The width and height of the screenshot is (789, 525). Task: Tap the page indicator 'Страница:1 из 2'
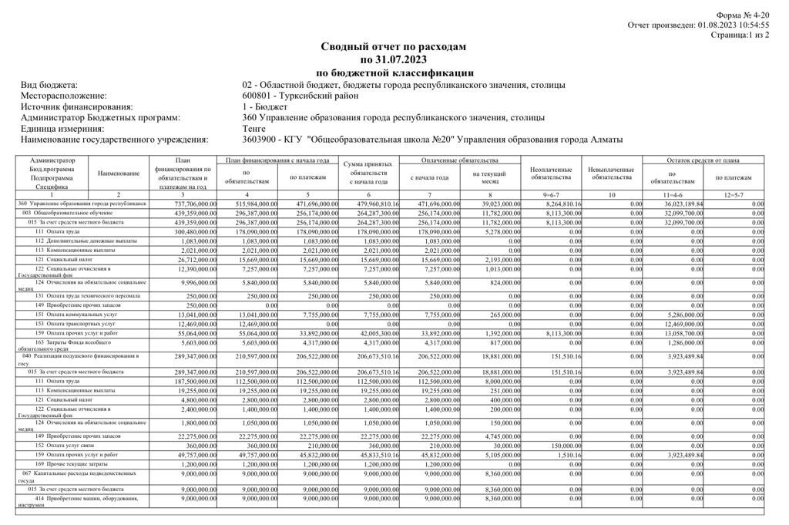coord(740,35)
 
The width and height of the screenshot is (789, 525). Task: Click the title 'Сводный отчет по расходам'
coord(394,47)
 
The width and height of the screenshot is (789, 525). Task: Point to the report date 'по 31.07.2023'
coord(394,60)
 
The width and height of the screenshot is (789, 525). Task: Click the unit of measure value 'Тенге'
coord(253,129)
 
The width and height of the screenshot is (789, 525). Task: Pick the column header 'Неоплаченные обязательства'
coord(551,173)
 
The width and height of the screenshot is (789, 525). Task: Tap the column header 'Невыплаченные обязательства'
coord(611,173)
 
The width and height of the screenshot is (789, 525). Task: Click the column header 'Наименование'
coord(119,173)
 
